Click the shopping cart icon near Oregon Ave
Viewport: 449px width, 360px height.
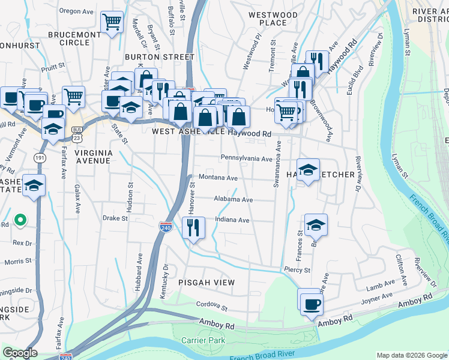click(x=112, y=22)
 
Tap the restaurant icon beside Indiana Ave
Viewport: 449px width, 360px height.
click(x=193, y=227)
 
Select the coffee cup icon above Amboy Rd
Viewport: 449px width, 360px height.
click(x=310, y=304)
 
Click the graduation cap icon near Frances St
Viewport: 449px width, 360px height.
click(x=316, y=225)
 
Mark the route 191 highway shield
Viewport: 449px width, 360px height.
click(x=38, y=157)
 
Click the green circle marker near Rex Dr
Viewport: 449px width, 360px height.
click(x=20, y=220)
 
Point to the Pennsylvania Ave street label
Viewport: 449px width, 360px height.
click(x=246, y=158)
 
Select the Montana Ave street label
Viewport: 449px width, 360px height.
click(x=218, y=178)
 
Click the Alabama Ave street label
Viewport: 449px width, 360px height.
click(x=234, y=199)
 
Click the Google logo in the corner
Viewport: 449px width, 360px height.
click(x=20, y=353)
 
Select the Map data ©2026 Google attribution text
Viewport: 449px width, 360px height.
click(x=411, y=355)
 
